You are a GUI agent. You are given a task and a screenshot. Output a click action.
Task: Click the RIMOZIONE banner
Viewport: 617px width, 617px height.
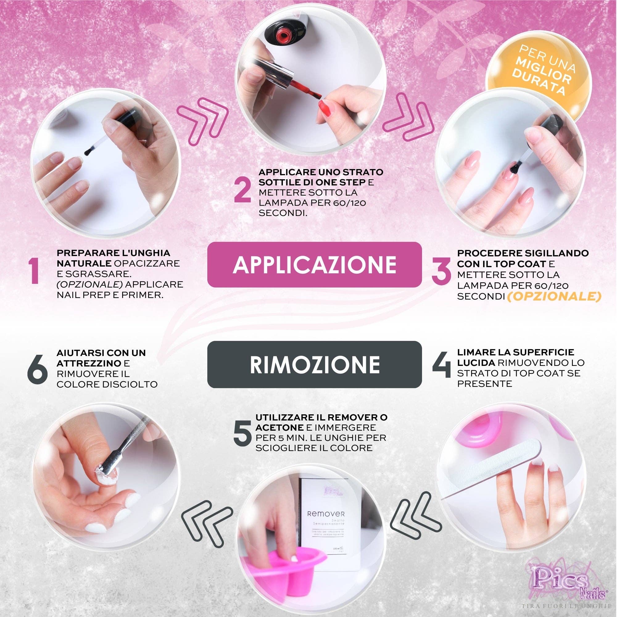click(314, 364)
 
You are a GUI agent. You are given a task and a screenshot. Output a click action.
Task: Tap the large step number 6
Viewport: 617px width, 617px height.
click(38, 371)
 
